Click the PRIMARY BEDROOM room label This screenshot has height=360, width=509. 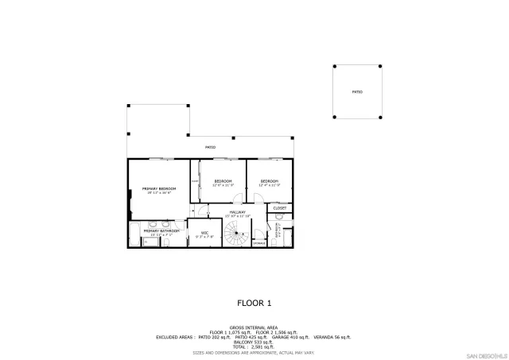[158, 189]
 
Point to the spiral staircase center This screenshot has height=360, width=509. [236, 233]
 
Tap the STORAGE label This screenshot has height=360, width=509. [259, 242]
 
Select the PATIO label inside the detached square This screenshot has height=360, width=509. [357, 92]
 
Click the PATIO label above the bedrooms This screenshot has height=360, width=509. [211, 147]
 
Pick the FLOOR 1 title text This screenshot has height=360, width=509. [254, 303]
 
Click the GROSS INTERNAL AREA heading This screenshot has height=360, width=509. [254, 327]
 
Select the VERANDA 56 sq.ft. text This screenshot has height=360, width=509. [332, 337]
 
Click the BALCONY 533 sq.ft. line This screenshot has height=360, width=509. [254, 342]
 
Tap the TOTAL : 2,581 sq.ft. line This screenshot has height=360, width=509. [254, 346]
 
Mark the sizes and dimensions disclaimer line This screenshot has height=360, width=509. [254, 352]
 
